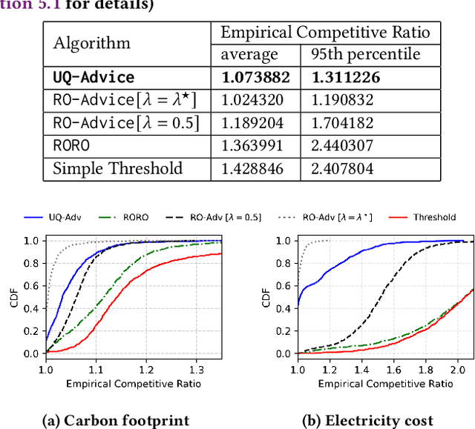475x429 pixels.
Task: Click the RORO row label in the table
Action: [x=71, y=146]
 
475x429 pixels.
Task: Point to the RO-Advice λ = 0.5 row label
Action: [x=125, y=123]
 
